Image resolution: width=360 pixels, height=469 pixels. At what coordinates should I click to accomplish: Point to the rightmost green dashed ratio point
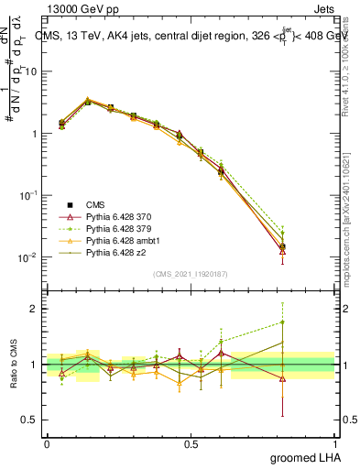point(283,322)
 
